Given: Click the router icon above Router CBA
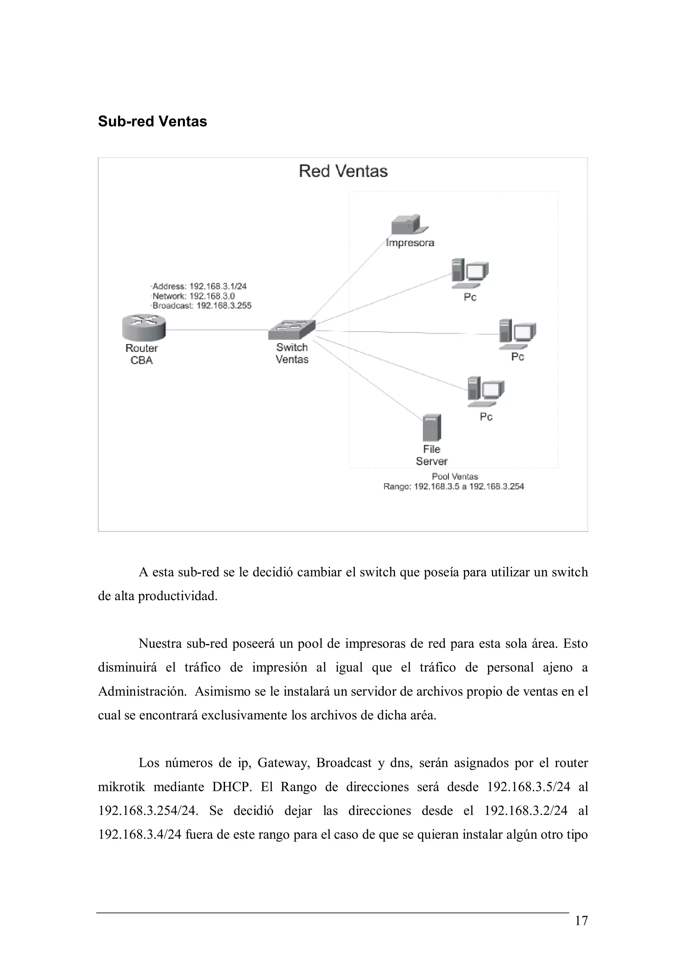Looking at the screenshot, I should (x=143, y=327).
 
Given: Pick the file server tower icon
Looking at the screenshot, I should (x=431, y=428).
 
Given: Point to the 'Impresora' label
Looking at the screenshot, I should (x=410, y=243).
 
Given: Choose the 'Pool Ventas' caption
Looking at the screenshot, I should (x=455, y=476).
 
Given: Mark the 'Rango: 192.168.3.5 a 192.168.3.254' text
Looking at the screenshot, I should (x=453, y=487).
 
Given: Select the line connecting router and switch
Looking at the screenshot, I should (x=216, y=330).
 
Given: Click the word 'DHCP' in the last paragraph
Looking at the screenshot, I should (x=231, y=787).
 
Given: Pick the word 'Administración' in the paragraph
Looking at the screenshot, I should (x=142, y=692).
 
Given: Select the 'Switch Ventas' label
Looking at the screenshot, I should (x=292, y=353).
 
